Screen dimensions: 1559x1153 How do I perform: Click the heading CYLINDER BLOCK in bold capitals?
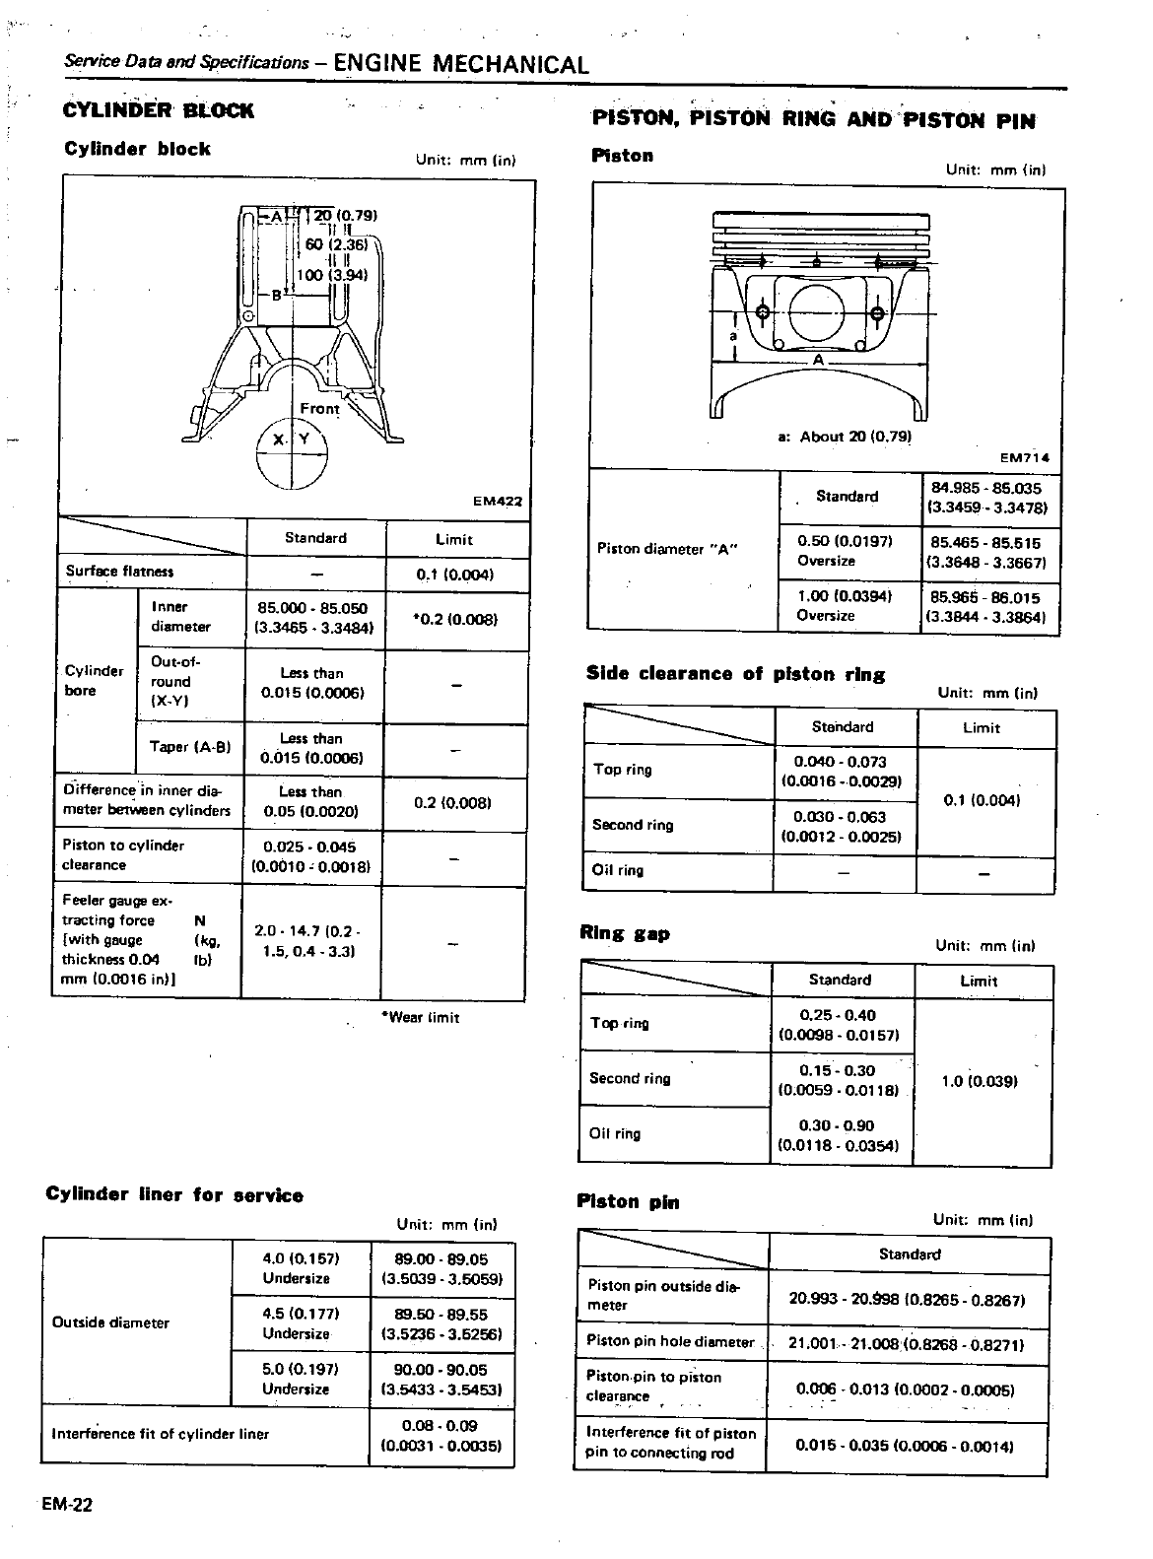click(158, 111)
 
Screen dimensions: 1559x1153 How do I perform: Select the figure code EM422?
click(497, 501)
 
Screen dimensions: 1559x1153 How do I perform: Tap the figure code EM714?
click(1025, 457)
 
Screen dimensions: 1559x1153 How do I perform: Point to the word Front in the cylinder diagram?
click(319, 408)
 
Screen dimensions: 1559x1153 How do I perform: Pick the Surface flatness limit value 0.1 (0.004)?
click(454, 574)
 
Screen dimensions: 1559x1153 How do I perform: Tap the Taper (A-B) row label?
click(189, 747)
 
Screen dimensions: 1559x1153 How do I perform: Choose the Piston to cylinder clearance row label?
click(123, 855)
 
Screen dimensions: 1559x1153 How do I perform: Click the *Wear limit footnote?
click(420, 1017)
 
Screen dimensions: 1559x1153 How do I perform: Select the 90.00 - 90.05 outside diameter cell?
click(441, 1379)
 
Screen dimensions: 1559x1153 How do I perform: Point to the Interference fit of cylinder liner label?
click(160, 1434)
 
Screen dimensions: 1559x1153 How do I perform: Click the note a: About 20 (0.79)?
click(845, 437)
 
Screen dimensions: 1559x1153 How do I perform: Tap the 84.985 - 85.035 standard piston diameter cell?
click(984, 498)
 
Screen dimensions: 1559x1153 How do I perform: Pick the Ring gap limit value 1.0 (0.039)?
click(980, 1081)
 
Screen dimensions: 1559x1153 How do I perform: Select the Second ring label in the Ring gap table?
click(630, 1078)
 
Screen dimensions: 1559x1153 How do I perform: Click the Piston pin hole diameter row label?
click(670, 1341)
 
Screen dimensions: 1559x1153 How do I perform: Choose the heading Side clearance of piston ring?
click(735, 674)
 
